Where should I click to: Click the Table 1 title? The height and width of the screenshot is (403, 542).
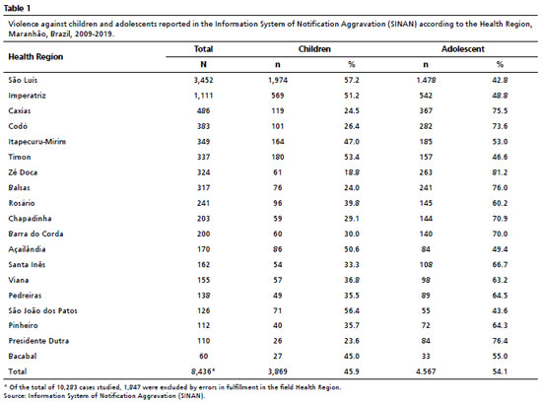point(17,8)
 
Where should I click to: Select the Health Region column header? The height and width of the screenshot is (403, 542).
point(35,57)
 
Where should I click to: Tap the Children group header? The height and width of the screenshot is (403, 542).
point(314,49)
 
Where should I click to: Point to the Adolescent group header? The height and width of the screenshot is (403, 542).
point(462,49)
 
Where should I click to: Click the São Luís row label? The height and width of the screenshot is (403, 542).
point(23,80)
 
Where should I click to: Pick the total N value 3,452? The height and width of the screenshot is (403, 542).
point(203,80)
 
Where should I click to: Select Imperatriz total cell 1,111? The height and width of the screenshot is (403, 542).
point(203,96)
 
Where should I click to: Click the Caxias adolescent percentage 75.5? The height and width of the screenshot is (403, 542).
point(500,111)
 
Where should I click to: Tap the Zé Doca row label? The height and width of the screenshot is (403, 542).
point(23,172)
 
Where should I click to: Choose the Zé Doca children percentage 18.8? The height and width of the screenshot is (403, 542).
point(352,172)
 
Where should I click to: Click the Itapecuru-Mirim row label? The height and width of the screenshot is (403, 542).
point(37,141)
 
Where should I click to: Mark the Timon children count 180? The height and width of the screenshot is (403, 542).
point(278,157)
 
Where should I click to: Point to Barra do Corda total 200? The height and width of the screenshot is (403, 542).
point(203,234)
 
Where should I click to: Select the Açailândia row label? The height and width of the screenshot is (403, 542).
point(27,249)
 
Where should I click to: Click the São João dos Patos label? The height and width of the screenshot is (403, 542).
point(42,310)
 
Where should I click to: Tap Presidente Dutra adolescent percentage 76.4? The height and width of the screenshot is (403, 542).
point(500,341)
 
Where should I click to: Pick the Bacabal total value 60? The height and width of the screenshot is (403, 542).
point(203,356)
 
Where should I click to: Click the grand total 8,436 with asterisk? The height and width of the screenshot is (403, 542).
point(203,371)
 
